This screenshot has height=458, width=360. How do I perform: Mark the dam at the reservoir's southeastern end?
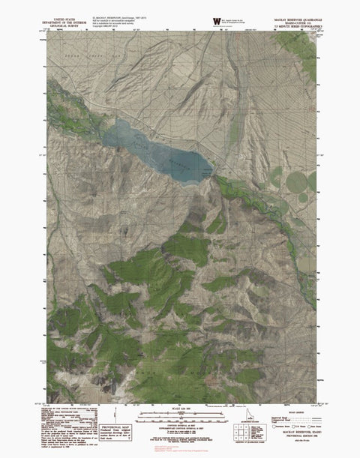tap(213, 172)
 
